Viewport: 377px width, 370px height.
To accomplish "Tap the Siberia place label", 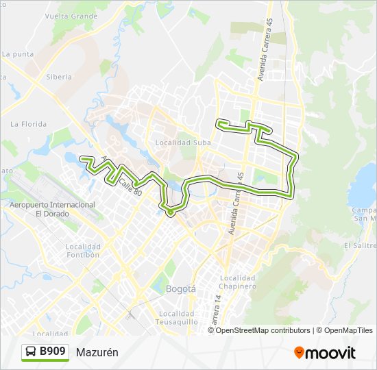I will pyautogui.click(x=59, y=77).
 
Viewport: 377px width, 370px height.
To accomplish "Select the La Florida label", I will pyautogui.click(x=28, y=124).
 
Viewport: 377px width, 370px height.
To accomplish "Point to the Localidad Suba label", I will pyautogui.click(x=182, y=143).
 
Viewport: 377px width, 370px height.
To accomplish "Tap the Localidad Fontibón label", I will pyautogui.click(x=84, y=251).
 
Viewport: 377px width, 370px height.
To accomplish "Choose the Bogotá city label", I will pyautogui.click(x=181, y=288).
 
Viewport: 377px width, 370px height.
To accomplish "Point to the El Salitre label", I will pyautogui.click(x=360, y=245).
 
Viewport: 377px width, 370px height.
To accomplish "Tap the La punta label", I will pyautogui.click(x=18, y=53).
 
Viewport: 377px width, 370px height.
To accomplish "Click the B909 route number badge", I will pyautogui.click(x=53, y=352).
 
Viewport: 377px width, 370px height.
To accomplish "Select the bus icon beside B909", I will pyautogui.click(x=32, y=352).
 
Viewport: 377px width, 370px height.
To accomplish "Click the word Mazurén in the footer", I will pyautogui.click(x=97, y=352).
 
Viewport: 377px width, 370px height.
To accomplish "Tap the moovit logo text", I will pyautogui.click(x=330, y=353).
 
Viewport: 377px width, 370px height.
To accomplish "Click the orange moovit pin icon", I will pyautogui.click(x=299, y=353).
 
